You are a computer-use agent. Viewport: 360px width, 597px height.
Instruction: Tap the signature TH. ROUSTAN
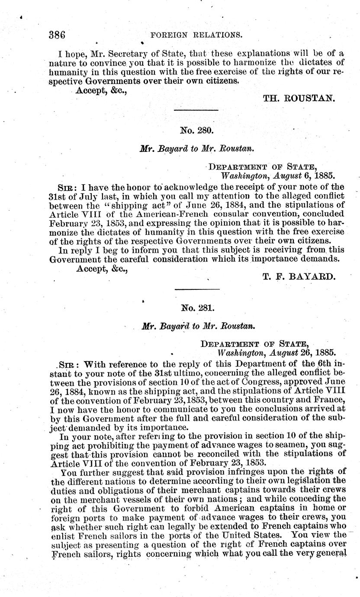[299, 98]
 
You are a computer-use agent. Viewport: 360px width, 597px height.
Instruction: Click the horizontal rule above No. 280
[196, 111]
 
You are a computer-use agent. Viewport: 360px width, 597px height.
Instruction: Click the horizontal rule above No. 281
[196, 289]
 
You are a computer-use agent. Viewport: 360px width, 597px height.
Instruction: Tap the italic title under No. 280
[196, 148]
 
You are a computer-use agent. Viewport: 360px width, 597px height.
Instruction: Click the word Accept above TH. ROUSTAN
[90, 90]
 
